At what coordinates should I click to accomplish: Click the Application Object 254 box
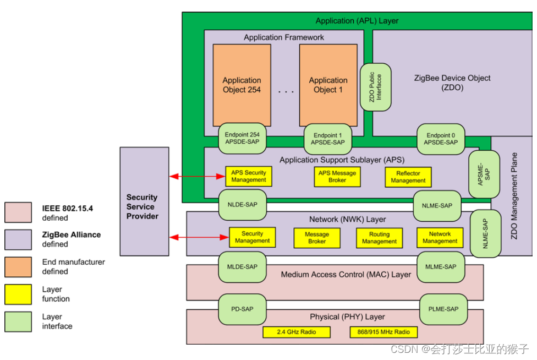(x=242, y=85)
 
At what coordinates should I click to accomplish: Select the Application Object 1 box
(x=328, y=85)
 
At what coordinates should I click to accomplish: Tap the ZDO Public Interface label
(x=375, y=87)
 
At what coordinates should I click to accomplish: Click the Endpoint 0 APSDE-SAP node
(x=440, y=139)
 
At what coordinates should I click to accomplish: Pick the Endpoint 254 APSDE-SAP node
(x=242, y=139)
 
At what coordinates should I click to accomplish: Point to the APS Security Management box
(x=248, y=176)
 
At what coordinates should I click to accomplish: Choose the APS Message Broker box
(x=337, y=176)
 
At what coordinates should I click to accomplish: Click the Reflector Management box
(x=408, y=177)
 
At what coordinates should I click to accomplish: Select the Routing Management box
(x=379, y=238)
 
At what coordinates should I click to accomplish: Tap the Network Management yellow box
(x=440, y=237)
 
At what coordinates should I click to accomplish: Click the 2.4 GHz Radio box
(x=297, y=332)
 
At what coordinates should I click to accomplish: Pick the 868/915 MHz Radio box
(x=383, y=332)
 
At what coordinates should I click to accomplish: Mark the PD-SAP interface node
(x=243, y=309)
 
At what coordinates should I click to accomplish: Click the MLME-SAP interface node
(x=441, y=267)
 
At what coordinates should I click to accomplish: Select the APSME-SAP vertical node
(x=480, y=174)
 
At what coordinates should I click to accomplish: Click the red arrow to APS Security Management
(x=197, y=177)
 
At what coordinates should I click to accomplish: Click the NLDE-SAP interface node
(x=242, y=204)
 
